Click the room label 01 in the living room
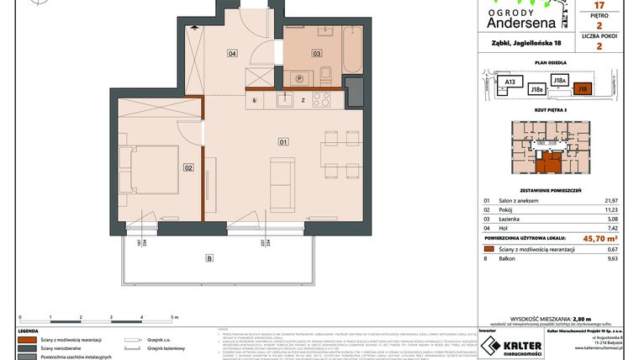coord(283,141)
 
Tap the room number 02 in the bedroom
coord(188,168)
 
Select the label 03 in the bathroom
coord(317,54)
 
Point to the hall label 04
coord(231,54)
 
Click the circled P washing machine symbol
coord(298,79)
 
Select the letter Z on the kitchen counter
coord(302,100)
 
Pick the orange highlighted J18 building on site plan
coord(582,87)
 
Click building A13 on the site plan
coord(509,82)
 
